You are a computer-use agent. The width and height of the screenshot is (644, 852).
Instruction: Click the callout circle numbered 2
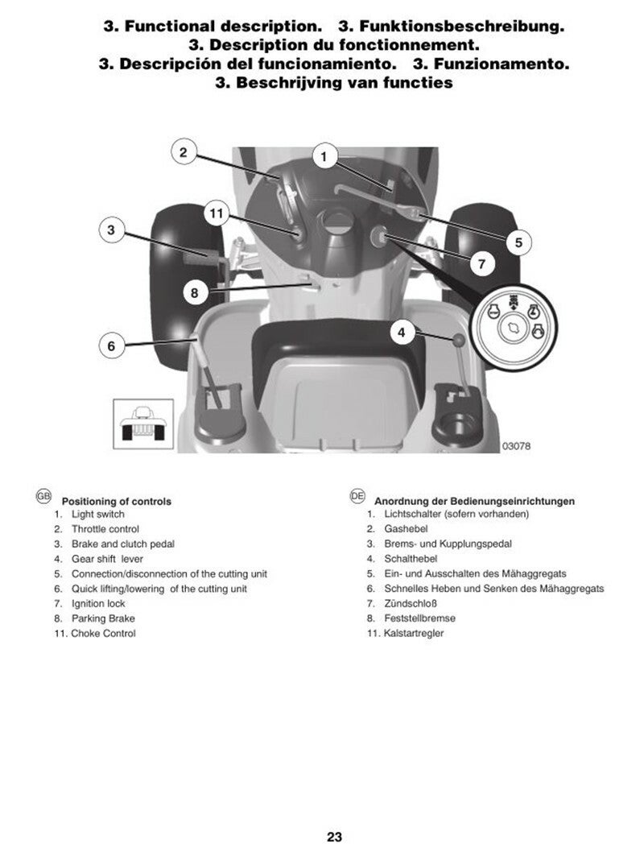(x=184, y=151)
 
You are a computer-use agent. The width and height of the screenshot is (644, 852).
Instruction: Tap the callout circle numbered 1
(x=324, y=156)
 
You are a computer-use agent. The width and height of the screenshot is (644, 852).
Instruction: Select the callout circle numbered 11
(x=215, y=213)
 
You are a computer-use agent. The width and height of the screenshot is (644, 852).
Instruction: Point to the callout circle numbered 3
(x=112, y=230)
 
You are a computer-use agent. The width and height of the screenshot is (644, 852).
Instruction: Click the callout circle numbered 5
(x=518, y=241)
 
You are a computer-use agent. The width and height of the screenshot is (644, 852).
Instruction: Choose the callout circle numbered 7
(x=481, y=263)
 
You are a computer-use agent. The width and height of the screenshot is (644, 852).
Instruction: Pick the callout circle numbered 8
(x=194, y=292)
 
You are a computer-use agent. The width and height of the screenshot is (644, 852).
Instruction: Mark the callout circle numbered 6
(x=112, y=346)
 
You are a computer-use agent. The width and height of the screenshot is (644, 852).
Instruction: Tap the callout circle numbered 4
(x=402, y=330)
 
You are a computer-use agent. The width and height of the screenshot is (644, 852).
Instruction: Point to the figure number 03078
(x=516, y=445)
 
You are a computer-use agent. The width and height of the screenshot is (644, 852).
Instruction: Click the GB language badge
(x=43, y=497)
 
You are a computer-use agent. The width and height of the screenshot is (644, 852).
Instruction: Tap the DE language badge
(x=357, y=497)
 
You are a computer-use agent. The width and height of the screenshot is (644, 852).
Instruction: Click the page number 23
(x=335, y=836)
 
